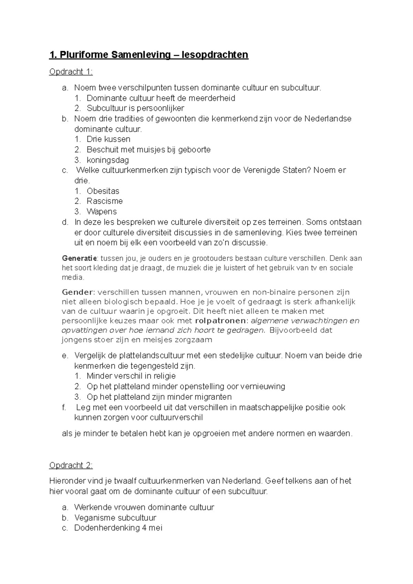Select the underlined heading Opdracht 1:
[x=71, y=72]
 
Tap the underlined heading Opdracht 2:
[x=71, y=466]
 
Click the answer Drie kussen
[x=108, y=139]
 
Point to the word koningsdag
[x=108, y=160]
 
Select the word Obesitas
[x=103, y=191]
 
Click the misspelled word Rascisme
[x=105, y=201]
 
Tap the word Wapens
[x=102, y=211]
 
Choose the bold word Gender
[x=77, y=292]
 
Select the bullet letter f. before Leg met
[x=64, y=407]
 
